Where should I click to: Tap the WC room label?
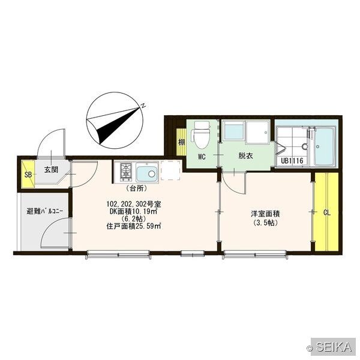202,157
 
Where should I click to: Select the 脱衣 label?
245,156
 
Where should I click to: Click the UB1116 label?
292,160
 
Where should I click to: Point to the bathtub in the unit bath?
324,146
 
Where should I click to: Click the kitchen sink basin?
147,172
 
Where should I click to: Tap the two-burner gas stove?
126,172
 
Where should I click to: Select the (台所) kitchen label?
136,188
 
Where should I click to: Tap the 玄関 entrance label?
51,170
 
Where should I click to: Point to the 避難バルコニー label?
45,211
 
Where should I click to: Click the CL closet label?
327,213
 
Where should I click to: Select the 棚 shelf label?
182,142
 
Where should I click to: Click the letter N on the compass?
143,106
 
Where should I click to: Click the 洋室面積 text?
265,214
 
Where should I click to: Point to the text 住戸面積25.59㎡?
133,226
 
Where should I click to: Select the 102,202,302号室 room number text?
134,204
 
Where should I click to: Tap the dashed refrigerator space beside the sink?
170,170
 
